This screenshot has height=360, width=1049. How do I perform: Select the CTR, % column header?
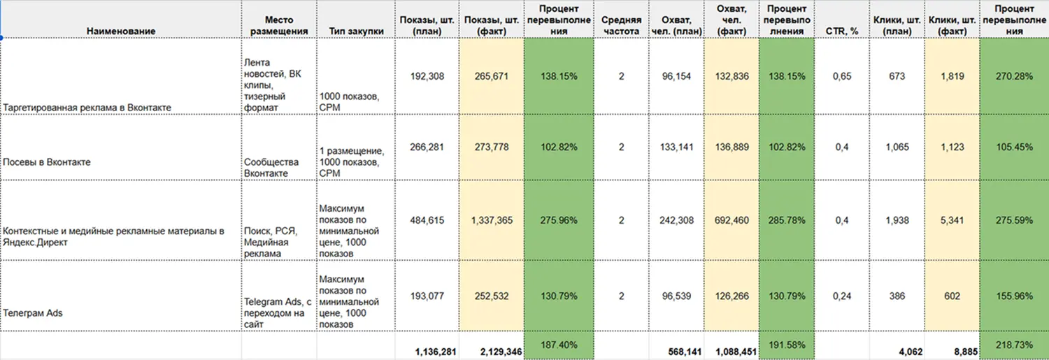tap(842, 31)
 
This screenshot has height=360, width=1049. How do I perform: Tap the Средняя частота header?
tap(621, 26)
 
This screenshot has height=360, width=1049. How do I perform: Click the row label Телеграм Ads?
tap(33, 313)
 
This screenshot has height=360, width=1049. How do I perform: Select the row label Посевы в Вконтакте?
tap(47, 162)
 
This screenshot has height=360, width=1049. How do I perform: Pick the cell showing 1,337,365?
tap(491, 220)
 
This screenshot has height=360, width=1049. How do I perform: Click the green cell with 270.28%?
tap(1013, 76)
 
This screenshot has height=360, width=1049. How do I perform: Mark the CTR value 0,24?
tap(842, 296)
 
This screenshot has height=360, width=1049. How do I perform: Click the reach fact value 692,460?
tap(731, 220)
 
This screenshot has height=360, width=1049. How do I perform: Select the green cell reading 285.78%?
tap(787, 220)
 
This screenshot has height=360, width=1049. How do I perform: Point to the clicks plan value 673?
tap(898, 76)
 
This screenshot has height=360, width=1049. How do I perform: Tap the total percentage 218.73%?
tap(1013, 345)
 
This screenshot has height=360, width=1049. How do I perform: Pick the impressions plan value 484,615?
tap(427, 220)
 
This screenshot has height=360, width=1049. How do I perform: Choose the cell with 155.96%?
tap(1013, 296)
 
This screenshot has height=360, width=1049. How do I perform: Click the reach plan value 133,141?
tap(676, 147)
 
